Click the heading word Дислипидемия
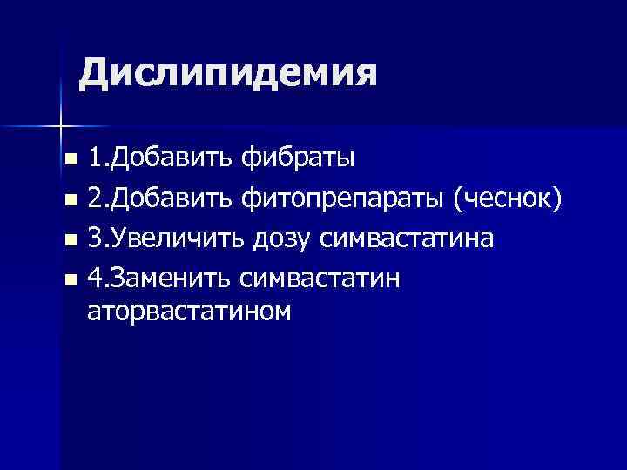coord(228,74)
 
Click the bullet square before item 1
coord(71,161)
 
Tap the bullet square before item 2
coord(71,200)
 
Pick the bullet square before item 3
coord(71,239)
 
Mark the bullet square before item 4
coord(71,279)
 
